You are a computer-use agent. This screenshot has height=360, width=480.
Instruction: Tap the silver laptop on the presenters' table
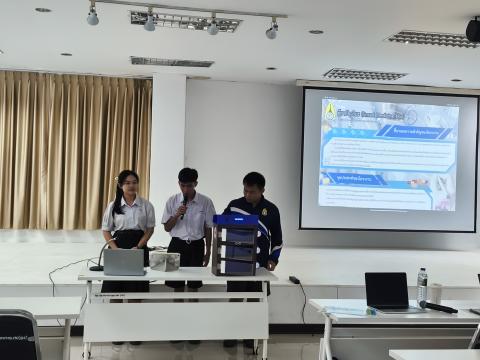124,262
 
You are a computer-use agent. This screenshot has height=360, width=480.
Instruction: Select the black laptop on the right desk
386,290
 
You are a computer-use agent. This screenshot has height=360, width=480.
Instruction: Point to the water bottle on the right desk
422,285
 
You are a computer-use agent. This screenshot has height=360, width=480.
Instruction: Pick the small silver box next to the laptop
164,261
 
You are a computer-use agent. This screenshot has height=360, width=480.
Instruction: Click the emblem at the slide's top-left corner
330,110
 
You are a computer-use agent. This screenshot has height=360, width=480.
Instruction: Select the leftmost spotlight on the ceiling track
93,16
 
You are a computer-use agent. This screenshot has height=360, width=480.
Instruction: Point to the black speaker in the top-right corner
473,31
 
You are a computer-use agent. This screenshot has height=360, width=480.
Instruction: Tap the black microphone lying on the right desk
439,307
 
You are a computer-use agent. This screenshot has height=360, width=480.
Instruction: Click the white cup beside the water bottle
435,293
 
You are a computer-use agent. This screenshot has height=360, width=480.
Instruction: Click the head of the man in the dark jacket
255,185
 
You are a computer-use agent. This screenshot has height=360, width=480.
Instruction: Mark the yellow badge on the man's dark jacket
264,212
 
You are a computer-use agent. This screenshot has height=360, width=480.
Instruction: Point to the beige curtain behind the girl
70,150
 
